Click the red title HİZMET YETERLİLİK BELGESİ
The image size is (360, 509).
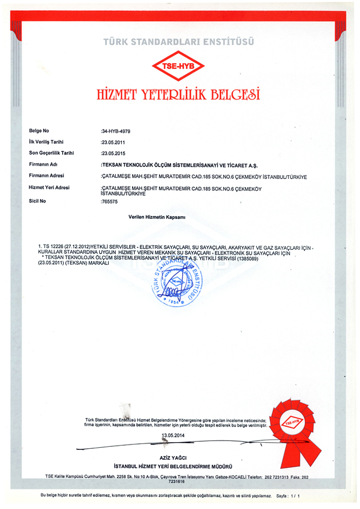pos(178,95)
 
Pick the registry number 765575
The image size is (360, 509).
pos(109,201)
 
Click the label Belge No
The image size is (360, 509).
pos(39,131)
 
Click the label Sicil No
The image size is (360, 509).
pos(38,201)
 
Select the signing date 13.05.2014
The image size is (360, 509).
pos(173,436)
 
